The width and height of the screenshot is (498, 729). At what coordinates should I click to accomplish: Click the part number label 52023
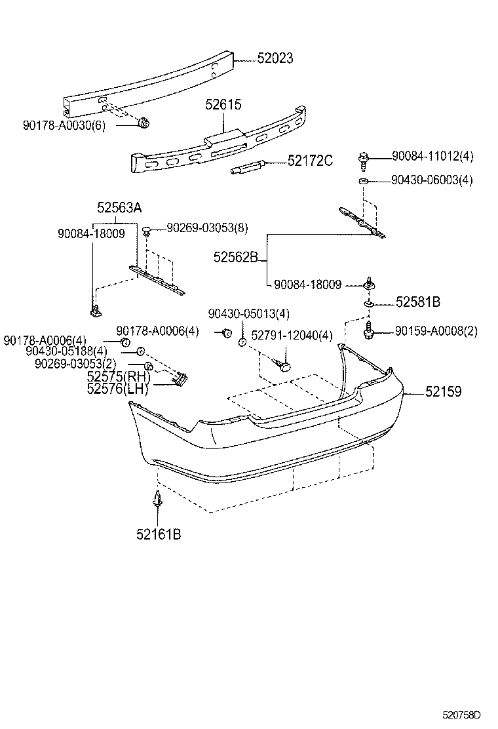275,59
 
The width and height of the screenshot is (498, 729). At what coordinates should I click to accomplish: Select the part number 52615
223,104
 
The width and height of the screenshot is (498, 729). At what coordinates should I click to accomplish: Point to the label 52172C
310,161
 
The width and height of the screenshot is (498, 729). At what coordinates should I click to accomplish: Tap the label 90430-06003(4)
432,180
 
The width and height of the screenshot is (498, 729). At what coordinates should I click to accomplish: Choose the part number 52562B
236,257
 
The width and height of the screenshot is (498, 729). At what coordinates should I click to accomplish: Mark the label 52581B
417,302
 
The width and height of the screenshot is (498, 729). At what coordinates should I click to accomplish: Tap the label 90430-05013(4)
248,313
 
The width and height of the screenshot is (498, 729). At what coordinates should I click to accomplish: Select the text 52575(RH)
118,377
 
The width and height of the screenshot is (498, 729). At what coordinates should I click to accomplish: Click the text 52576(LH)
117,389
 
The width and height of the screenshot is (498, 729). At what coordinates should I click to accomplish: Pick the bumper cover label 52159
444,392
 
